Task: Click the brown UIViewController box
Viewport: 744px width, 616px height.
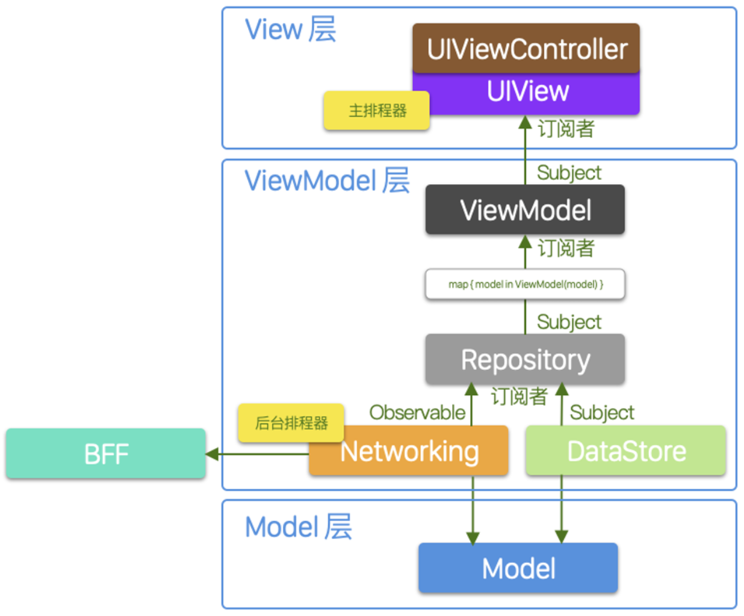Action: pyautogui.click(x=525, y=49)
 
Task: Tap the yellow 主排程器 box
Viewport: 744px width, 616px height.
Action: pyautogui.click(x=377, y=111)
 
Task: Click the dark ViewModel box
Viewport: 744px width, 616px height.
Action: pyautogui.click(x=525, y=210)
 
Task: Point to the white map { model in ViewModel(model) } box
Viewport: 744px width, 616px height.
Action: pyautogui.click(x=525, y=284)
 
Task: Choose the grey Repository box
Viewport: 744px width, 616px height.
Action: pyautogui.click(x=525, y=360)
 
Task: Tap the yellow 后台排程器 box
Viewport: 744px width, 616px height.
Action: pyautogui.click(x=291, y=423)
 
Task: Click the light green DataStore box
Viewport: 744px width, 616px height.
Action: pyautogui.click(x=626, y=451)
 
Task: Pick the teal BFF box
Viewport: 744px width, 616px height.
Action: pyautogui.click(x=106, y=454)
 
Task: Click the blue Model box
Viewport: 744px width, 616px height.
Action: pyautogui.click(x=518, y=568)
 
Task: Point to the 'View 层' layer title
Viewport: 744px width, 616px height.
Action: pyautogui.click(x=290, y=29)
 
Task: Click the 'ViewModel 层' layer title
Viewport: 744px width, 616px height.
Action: pyautogui.click(x=327, y=180)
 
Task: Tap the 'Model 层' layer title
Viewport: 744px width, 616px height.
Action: pyautogui.click(x=298, y=527)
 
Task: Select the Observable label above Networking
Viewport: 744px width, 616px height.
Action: pyautogui.click(x=417, y=413)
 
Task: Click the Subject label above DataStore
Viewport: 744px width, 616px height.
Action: pyautogui.click(x=601, y=413)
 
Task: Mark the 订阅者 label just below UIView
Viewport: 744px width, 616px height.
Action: pyautogui.click(x=565, y=129)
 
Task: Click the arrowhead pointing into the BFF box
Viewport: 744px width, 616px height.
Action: pyautogui.click(x=212, y=454)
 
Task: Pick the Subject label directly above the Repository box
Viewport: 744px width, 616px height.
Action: pyautogui.click(x=569, y=322)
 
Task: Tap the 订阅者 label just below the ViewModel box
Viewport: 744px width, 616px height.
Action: pyautogui.click(x=565, y=248)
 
